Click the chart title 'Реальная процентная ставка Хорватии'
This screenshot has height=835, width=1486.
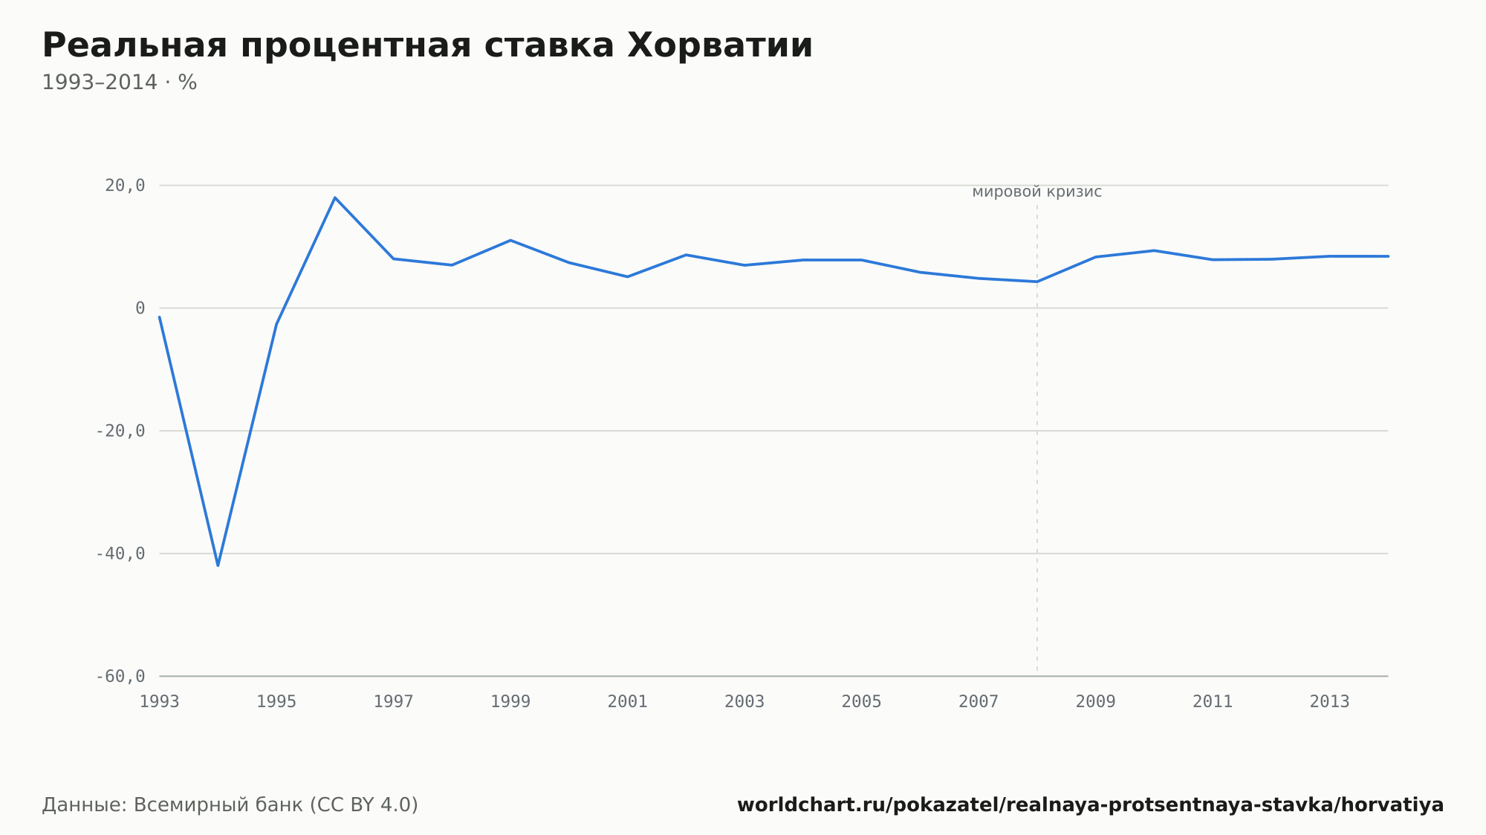(427, 46)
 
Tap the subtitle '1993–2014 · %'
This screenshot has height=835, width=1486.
(119, 82)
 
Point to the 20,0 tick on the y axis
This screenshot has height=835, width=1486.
(125, 186)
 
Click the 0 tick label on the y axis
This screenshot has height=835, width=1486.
(140, 308)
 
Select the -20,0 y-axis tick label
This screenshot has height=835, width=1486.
(120, 431)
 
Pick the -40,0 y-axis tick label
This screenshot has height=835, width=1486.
(120, 553)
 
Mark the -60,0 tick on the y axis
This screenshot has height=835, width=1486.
(120, 676)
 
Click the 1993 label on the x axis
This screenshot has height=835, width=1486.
(160, 702)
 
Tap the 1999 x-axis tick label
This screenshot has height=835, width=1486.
(510, 702)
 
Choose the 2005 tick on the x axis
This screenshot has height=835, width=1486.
(862, 702)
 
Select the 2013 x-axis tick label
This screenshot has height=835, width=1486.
(1330, 702)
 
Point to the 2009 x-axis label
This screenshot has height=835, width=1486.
(1096, 702)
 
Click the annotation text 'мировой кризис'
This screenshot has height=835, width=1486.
(1037, 192)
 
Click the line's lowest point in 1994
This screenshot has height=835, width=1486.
(218, 565)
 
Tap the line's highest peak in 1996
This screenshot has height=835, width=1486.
(335, 198)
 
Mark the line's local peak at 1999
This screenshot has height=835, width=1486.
(510, 240)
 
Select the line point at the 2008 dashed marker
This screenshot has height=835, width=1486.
(1037, 282)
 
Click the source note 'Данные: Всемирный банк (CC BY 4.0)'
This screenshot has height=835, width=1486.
(230, 805)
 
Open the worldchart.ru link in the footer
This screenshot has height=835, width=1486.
(1090, 805)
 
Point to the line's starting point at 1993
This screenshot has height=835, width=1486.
(160, 317)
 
